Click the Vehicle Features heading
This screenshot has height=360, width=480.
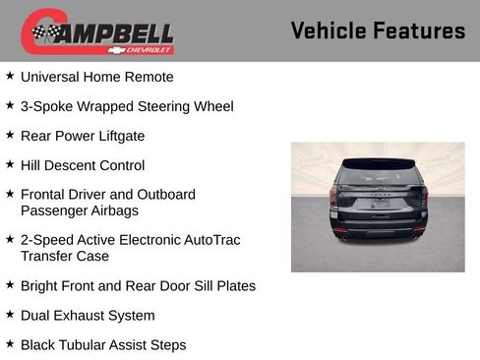pos(378,30)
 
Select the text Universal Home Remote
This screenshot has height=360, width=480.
pos(96,77)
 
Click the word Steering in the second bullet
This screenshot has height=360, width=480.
pos(166,106)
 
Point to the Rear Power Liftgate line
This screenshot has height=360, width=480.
pos(83,136)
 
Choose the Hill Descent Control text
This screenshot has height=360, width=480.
pos(83,165)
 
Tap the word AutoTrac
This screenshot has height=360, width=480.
pos(206,240)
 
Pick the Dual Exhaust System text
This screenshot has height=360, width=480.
pos(88,316)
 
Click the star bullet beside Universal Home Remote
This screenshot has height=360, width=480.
pos(10,76)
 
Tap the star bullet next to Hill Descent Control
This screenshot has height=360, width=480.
pos(10,164)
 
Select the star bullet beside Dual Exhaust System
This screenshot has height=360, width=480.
pos(10,315)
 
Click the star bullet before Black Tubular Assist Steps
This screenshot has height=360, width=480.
pos(10,344)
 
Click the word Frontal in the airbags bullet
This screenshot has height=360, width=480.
pos(45,195)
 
